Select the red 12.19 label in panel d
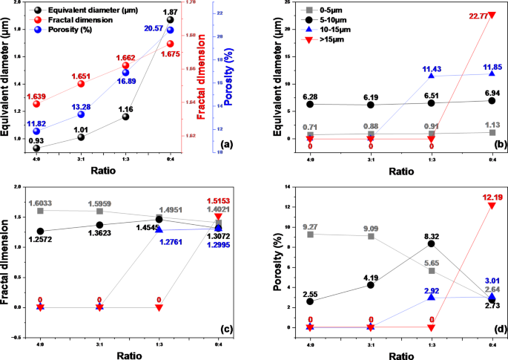[481, 197]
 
